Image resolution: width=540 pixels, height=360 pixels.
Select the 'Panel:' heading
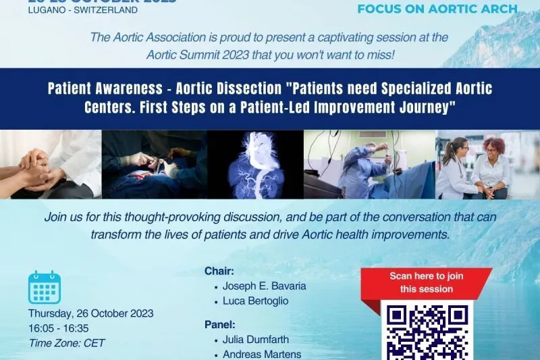click(x=219, y=324)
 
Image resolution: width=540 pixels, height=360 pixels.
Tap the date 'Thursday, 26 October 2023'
click(x=90, y=313)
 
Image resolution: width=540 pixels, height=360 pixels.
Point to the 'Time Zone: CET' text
click(x=66, y=342)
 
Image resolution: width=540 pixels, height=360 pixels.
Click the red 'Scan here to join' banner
click(x=426, y=282)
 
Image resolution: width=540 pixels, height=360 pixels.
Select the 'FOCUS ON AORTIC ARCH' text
click(x=437, y=9)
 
